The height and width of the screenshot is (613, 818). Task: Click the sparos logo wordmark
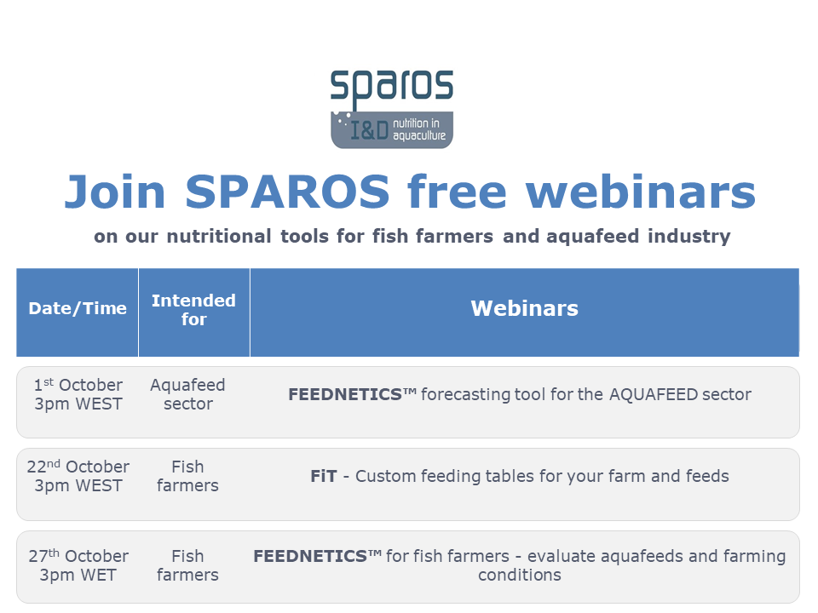click(x=392, y=87)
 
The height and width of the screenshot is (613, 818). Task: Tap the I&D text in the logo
click(x=369, y=130)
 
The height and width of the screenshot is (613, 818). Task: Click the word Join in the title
click(x=115, y=192)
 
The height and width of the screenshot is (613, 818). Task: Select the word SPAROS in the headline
click(x=287, y=192)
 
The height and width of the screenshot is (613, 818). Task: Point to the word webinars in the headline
click(x=641, y=192)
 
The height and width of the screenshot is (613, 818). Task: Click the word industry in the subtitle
click(x=689, y=237)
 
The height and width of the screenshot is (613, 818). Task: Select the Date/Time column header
click(x=78, y=308)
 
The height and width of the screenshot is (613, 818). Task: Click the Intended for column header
click(x=193, y=310)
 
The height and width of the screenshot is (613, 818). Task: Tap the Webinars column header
click(x=525, y=308)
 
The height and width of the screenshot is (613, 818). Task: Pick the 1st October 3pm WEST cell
click(x=78, y=394)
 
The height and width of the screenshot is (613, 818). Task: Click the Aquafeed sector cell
click(x=187, y=394)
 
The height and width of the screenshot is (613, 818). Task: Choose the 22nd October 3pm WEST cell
click(x=78, y=476)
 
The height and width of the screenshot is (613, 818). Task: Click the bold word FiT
click(x=324, y=476)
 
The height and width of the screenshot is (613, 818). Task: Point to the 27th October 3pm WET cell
click(x=78, y=565)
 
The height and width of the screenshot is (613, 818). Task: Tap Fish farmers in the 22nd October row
click(x=187, y=476)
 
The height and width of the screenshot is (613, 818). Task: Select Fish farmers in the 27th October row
click(x=187, y=565)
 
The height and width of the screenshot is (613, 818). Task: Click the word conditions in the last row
click(x=520, y=575)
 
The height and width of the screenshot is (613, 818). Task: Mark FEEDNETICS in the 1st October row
click(x=345, y=394)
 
